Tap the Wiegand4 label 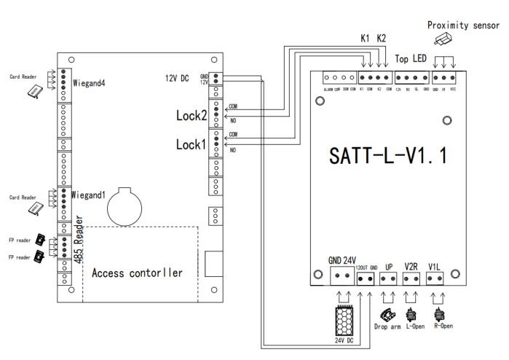[90, 83]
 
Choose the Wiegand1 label [90, 195]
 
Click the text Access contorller [136, 273]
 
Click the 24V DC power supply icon [345, 318]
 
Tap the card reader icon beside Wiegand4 [34, 90]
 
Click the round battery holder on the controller [125, 208]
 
